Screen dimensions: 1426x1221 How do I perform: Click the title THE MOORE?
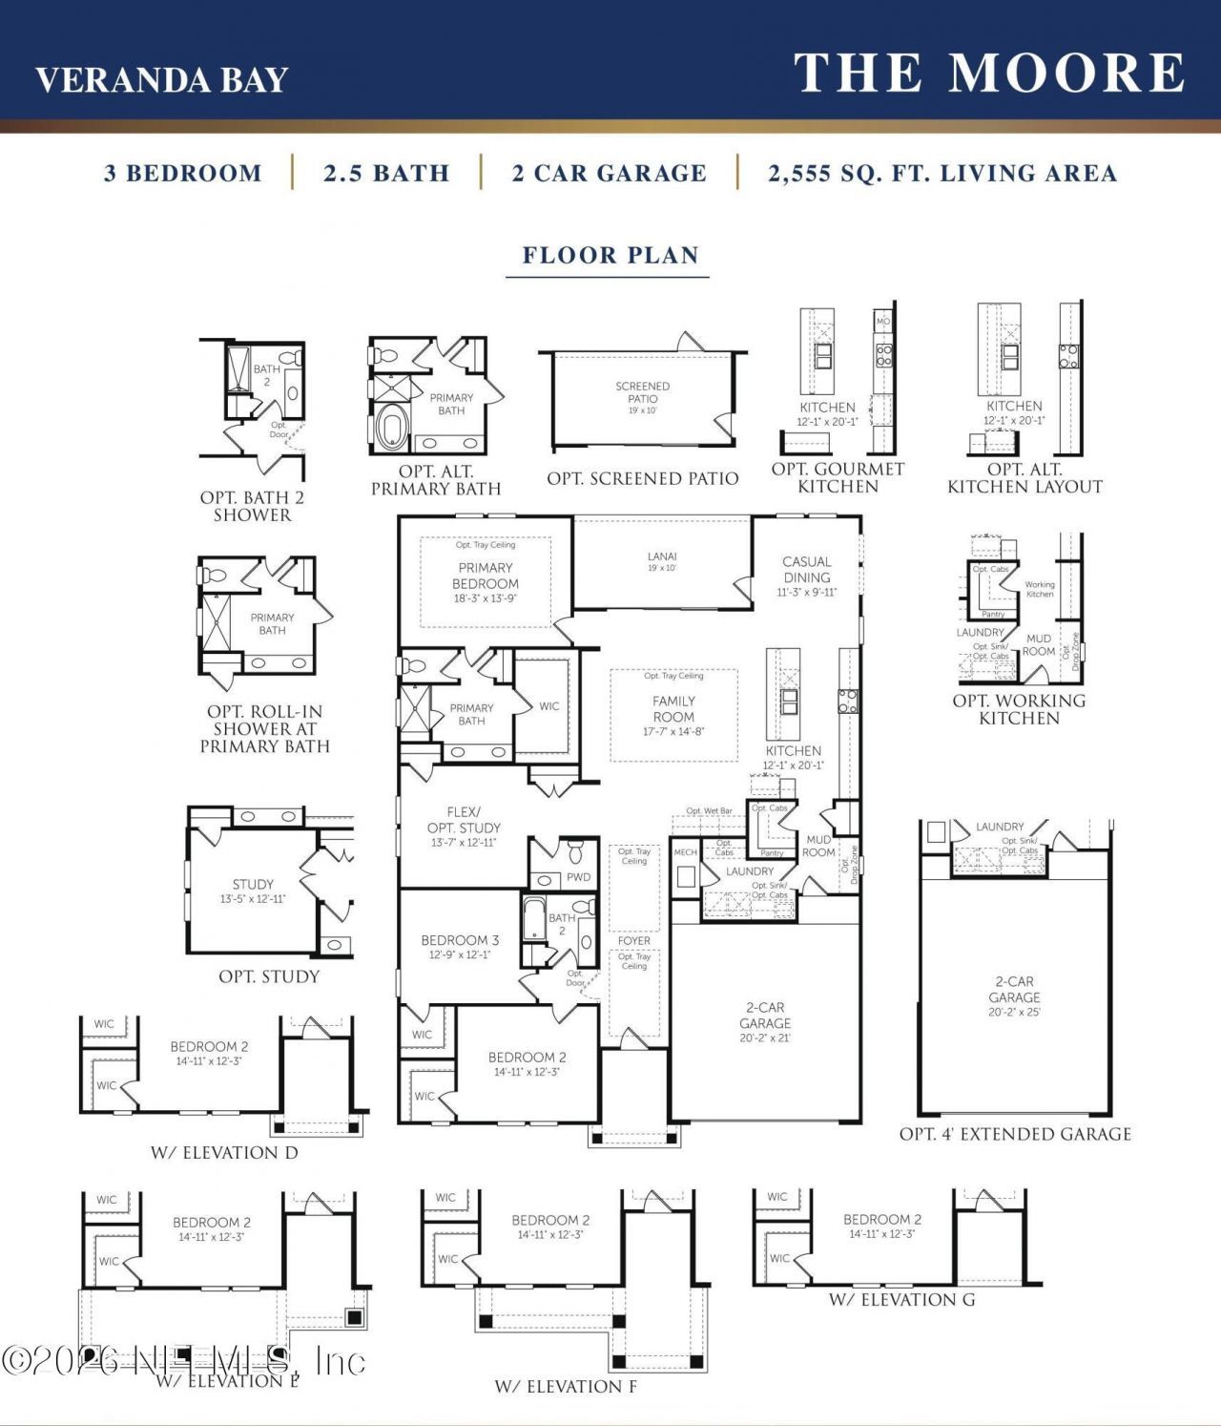tap(989, 73)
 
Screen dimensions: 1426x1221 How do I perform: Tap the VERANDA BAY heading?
tap(161, 80)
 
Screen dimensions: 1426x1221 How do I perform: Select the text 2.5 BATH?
tap(386, 174)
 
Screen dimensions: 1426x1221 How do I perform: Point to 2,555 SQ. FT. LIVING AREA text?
tap(942, 174)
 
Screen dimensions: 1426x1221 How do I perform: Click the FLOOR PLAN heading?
tap(610, 256)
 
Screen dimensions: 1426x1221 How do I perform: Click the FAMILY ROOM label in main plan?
tap(673, 708)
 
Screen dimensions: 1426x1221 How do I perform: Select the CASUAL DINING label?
tap(806, 570)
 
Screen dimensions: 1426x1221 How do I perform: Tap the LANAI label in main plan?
tap(662, 556)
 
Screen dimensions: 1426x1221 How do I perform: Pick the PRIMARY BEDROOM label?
tap(486, 576)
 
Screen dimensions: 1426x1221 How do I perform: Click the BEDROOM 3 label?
tap(460, 940)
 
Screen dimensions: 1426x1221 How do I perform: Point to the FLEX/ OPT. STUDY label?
tap(464, 820)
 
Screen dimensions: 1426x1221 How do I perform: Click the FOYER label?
tap(634, 940)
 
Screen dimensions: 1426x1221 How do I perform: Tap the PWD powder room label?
tap(579, 877)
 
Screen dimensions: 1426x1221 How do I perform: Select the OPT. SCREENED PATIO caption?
tap(643, 479)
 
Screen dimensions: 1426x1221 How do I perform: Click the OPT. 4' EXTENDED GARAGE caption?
tap(1015, 1134)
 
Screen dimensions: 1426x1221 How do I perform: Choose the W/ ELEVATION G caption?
tap(901, 1299)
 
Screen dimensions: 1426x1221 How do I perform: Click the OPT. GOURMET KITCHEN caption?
tap(838, 477)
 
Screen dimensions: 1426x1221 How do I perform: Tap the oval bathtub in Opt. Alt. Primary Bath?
tap(391, 427)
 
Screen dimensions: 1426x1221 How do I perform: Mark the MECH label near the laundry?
tap(685, 852)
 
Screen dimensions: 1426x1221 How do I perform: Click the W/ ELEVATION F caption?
tap(566, 1386)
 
